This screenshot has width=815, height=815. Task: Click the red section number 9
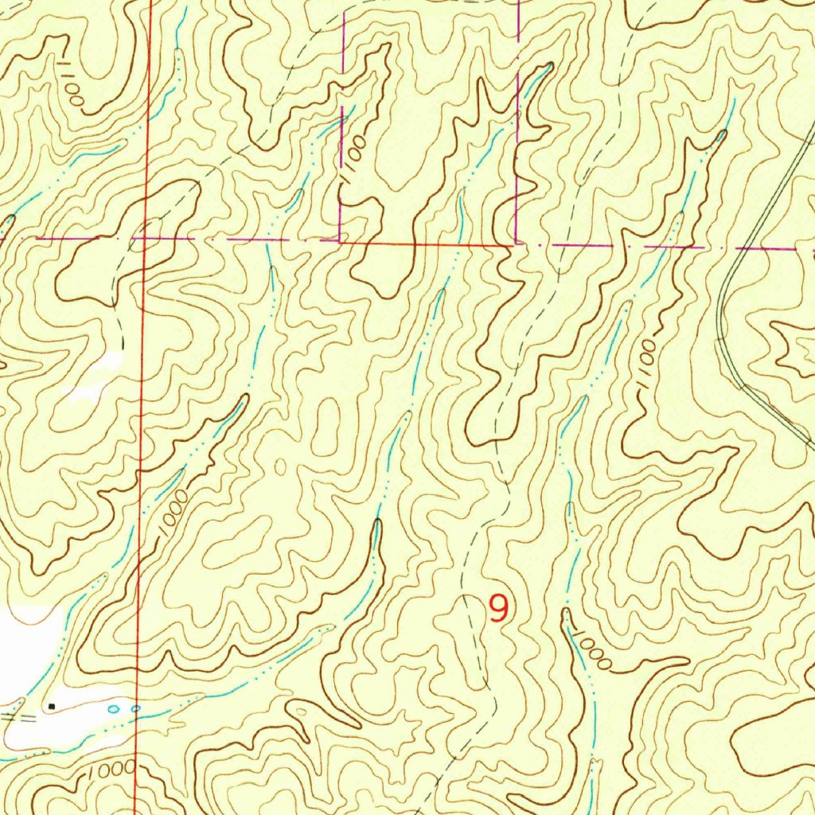(x=498, y=609)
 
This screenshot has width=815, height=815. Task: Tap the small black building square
(x=53, y=705)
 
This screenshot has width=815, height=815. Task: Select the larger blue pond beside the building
(x=113, y=708)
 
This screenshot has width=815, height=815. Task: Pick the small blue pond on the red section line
(x=136, y=708)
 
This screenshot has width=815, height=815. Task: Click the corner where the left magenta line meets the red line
(x=341, y=241)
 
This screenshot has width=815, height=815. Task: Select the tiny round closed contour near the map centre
(x=279, y=466)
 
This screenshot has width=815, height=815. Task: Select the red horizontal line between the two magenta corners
(x=430, y=244)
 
